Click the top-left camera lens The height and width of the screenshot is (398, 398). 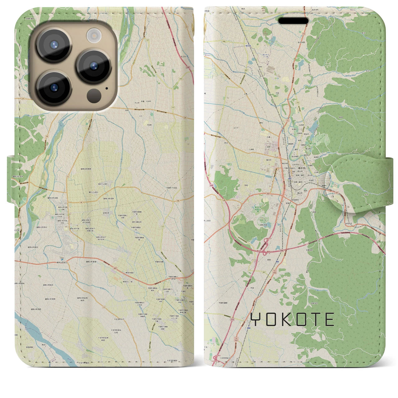[54, 44]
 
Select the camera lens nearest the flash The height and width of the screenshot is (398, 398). [94, 66]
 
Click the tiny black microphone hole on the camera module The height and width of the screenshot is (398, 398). [107, 88]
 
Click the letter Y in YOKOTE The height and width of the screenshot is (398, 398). [255, 319]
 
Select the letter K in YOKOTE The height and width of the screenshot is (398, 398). [287, 319]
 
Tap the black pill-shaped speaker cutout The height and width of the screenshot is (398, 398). [293, 21]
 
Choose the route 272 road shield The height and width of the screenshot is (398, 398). [298, 103]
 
